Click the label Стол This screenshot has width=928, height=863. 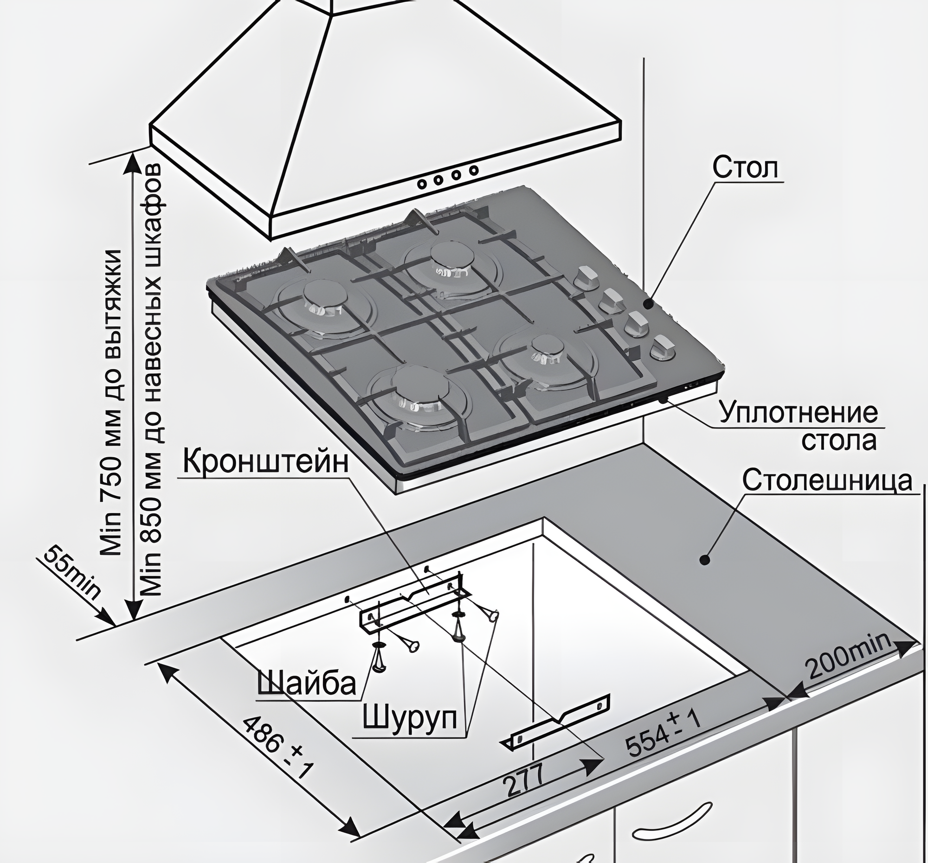pyautogui.click(x=746, y=168)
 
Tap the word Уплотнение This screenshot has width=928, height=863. pyautogui.click(x=798, y=413)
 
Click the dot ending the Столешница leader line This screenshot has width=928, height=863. pyautogui.click(x=704, y=559)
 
